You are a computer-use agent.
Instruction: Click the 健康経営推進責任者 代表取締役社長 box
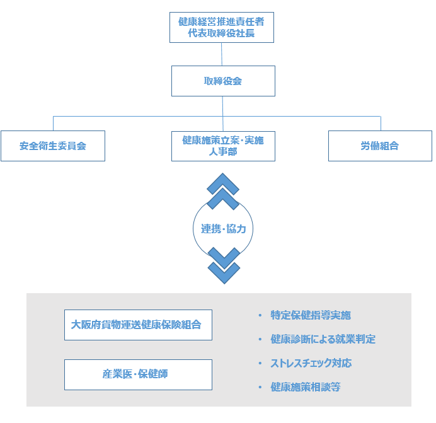point(221,28)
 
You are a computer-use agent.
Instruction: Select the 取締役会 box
point(223,81)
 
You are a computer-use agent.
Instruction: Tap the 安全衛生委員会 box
point(53,146)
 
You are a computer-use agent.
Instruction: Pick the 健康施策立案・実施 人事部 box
point(223,146)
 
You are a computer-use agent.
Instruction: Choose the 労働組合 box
point(380,146)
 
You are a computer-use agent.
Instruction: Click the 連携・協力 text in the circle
point(223,229)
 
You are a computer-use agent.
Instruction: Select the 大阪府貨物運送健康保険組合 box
point(138,325)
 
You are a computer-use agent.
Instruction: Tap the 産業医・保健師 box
point(138,374)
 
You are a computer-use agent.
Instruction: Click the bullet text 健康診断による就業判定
point(323,339)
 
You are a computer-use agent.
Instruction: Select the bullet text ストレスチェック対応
point(311,363)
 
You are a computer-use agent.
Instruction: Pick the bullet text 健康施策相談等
point(306,387)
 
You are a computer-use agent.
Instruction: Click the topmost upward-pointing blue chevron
point(223,183)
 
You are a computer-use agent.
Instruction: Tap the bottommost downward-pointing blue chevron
point(224,273)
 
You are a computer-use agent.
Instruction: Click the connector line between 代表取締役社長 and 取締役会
point(222,54)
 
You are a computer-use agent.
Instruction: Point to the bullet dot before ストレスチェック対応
point(260,364)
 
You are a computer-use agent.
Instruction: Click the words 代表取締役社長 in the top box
point(221,33)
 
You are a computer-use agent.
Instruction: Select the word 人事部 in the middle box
point(223,152)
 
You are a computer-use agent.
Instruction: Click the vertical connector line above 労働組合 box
point(381,123)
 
